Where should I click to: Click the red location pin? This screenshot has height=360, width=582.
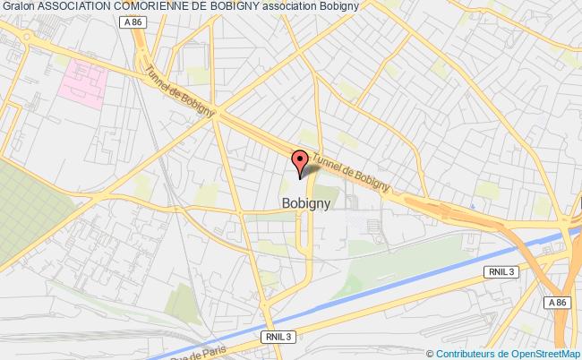pyautogui.click(x=302, y=161)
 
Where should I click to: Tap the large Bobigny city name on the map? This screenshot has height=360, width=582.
pyautogui.click(x=306, y=203)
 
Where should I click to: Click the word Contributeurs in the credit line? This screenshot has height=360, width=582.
pyautogui.click(x=466, y=353)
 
